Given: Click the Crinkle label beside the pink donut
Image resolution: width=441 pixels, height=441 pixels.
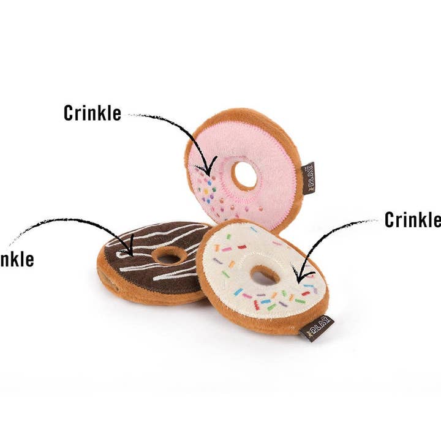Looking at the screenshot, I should (x=92, y=113).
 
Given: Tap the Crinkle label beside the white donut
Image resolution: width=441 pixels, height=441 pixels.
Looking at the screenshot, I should (x=412, y=219).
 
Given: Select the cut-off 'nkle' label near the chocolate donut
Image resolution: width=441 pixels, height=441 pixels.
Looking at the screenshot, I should (x=17, y=258).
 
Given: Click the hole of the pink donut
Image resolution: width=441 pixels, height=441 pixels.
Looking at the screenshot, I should (x=245, y=175).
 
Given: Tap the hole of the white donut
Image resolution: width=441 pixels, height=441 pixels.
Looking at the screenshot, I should (x=265, y=275).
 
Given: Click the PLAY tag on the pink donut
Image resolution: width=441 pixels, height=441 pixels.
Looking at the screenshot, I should (x=308, y=178).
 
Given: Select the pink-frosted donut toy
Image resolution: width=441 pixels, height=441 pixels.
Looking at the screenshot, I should (x=269, y=153).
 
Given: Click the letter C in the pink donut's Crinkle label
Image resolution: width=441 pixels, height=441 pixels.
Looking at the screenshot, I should (x=69, y=113).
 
